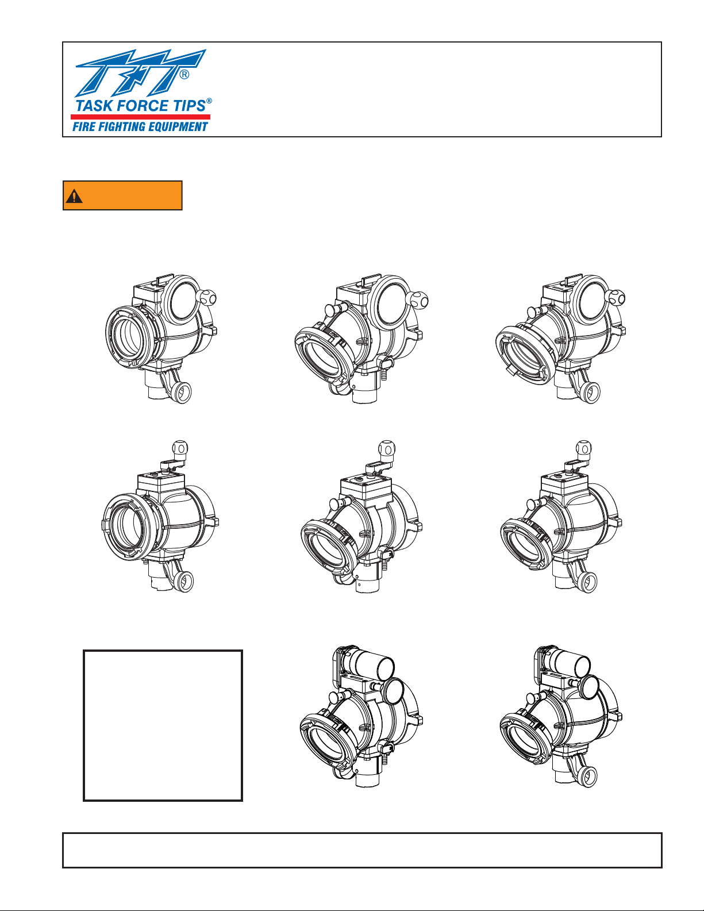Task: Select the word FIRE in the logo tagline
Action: coord(82,126)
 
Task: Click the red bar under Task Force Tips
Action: coord(140,117)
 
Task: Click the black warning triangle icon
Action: coord(74,196)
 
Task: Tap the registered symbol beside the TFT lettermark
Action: coord(184,75)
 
